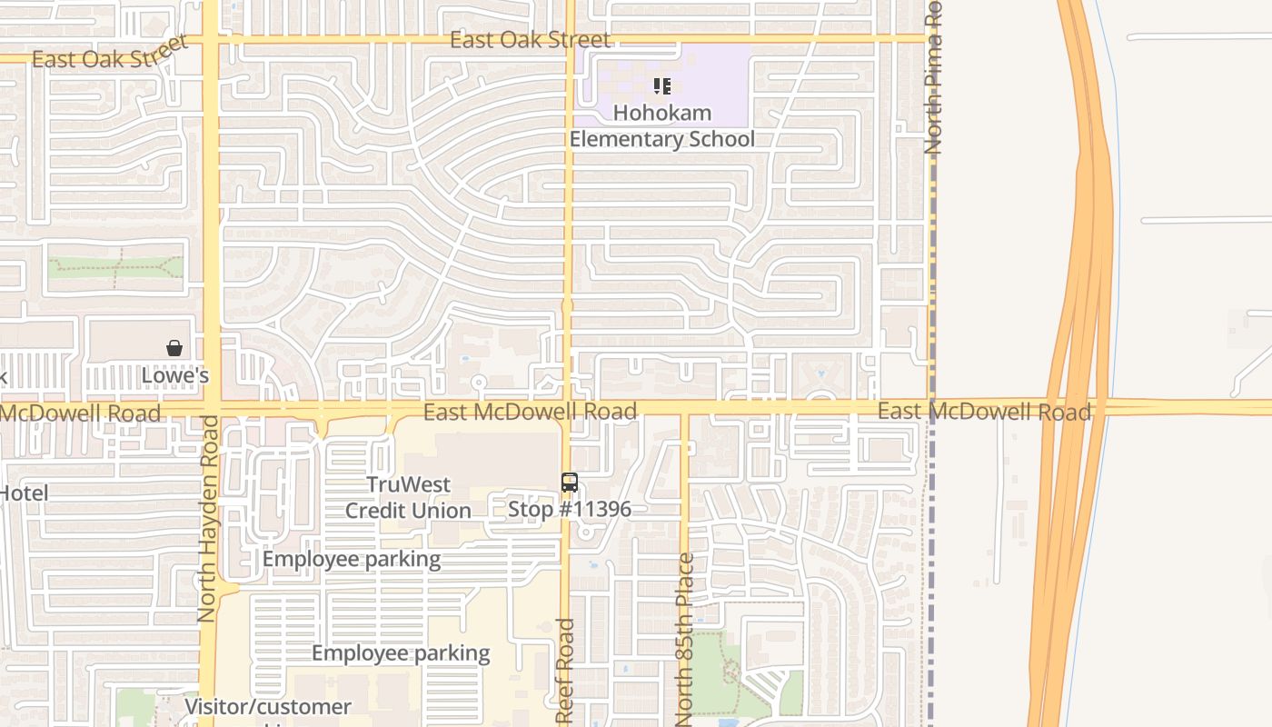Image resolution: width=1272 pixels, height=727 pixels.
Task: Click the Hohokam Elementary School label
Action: click(x=661, y=126)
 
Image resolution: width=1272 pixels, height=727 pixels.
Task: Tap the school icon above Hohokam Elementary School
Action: click(x=662, y=86)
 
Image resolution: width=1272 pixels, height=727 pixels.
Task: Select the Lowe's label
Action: click(x=175, y=375)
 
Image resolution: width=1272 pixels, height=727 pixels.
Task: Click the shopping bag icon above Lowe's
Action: click(x=174, y=348)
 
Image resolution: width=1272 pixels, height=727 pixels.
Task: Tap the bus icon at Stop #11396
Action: click(x=570, y=483)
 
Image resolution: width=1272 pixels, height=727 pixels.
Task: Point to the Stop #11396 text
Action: click(x=570, y=509)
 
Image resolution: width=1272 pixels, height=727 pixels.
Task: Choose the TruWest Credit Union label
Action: click(x=408, y=497)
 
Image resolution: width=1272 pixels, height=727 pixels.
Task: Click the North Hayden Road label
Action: click(x=207, y=518)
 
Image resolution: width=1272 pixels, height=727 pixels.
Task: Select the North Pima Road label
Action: click(x=933, y=77)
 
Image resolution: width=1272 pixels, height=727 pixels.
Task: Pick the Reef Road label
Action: click(x=565, y=671)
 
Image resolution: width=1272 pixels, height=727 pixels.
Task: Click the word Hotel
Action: click(x=24, y=493)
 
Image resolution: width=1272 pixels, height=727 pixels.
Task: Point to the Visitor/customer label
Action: click(x=268, y=706)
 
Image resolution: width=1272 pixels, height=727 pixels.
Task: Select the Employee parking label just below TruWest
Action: click(x=352, y=559)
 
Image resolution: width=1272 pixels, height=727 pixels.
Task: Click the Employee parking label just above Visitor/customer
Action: click(x=401, y=652)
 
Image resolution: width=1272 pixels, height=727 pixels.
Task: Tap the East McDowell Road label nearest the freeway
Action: click(x=984, y=412)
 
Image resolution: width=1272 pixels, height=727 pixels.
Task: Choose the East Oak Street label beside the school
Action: click(x=531, y=40)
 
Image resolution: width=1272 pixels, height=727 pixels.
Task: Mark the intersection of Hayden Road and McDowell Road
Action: click(x=211, y=407)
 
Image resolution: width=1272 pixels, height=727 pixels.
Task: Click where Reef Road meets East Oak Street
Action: click(x=570, y=39)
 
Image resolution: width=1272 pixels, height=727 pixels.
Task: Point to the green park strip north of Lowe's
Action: click(x=115, y=265)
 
